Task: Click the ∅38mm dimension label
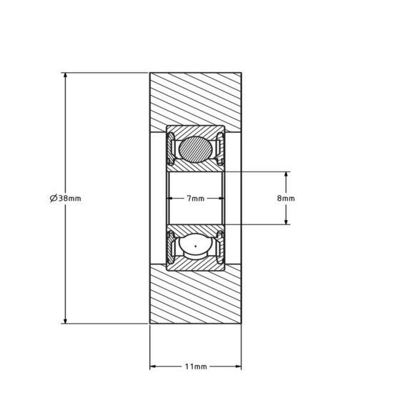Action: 66,199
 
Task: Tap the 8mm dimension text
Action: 285,199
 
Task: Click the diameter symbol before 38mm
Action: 54,199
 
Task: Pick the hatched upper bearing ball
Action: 195,150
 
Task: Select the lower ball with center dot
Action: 195,247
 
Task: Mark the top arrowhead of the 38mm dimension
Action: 66,76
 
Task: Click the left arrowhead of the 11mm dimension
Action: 153,366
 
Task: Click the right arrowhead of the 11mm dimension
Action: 239,366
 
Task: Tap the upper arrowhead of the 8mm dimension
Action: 287,175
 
